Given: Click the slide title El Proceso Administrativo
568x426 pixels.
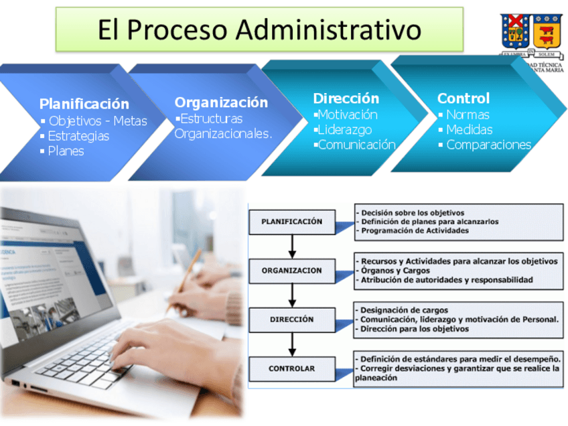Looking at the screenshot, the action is pyautogui.click(x=259, y=29).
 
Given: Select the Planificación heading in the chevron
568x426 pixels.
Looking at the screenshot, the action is pyautogui.click(x=84, y=104).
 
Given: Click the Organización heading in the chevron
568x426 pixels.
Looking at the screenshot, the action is pyautogui.click(x=221, y=102).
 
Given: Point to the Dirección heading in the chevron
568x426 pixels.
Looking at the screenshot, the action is pyautogui.click(x=346, y=98).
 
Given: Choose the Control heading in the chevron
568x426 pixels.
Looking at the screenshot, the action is pyautogui.click(x=464, y=98).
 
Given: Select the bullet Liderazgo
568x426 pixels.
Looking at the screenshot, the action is pyautogui.click(x=344, y=129).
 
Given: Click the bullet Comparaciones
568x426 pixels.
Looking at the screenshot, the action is pyautogui.click(x=488, y=145).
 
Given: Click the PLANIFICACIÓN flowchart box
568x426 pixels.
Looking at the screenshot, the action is pyautogui.click(x=291, y=222).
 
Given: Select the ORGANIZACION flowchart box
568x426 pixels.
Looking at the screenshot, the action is pyautogui.click(x=291, y=271).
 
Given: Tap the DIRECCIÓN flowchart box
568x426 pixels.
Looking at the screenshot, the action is pyautogui.click(x=291, y=319).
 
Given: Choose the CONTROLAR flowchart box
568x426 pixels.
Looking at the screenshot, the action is pyautogui.click(x=291, y=368).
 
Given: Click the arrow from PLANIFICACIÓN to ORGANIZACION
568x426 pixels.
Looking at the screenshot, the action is pyautogui.click(x=292, y=246).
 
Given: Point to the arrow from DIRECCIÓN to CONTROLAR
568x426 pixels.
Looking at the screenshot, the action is pyautogui.click(x=292, y=344).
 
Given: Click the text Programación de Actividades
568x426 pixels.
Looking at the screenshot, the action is pyautogui.click(x=415, y=230).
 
